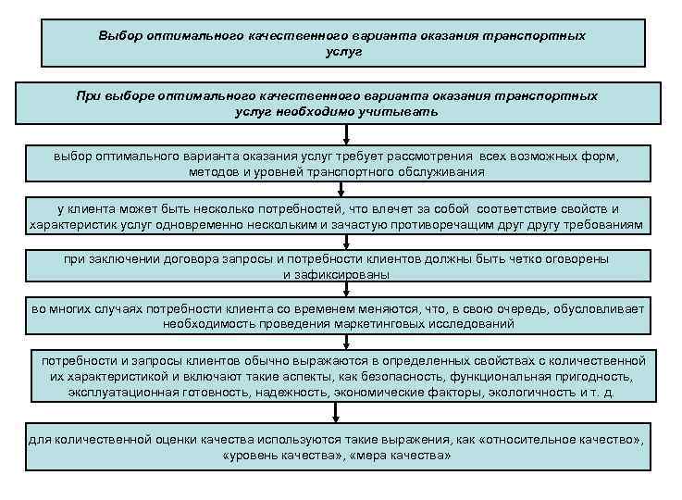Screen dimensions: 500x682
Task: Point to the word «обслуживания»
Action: pos(440,172)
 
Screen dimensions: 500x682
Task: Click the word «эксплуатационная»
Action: pos(119,393)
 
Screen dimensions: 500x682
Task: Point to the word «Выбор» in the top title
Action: pos(118,36)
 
